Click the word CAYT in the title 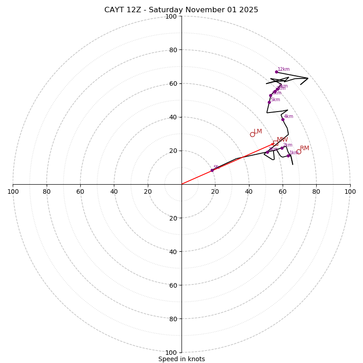(x=114, y=10)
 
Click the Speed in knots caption (x=181, y=359)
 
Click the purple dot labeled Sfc (x=212, y=170)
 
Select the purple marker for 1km (x=288, y=156)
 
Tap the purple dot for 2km (x=282, y=148)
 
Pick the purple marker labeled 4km (x=283, y=119)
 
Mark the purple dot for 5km (x=269, y=102)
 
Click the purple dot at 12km (x=276, y=72)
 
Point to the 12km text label (x=284, y=69)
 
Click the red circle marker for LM (x=252, y=134)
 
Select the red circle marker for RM (x=299, y=152)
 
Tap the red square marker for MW (x=275, y=143)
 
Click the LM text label (x=258, y=132)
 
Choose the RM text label (x=304, y=148)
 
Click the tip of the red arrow (x=274, y=144)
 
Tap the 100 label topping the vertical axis (x=171, y=16)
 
